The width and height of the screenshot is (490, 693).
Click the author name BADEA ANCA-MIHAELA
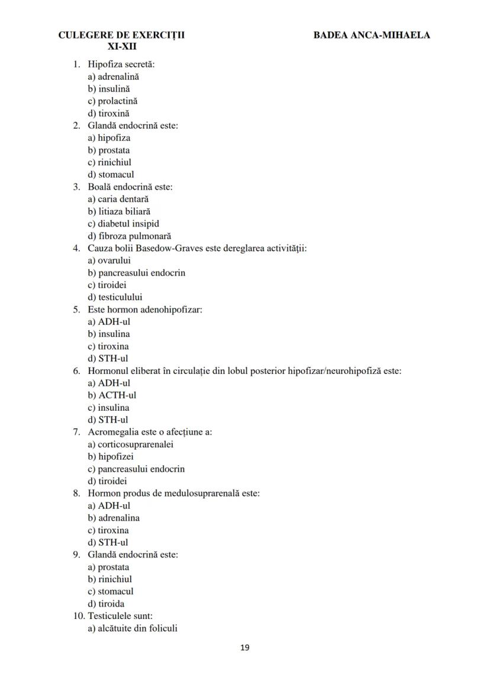click(x=372, y=35)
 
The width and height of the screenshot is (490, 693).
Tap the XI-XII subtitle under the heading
click(x=122, y=46)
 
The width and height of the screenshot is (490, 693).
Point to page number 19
click(x=245, y=647)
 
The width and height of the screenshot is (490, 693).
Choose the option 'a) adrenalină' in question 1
click(x=114, y=76)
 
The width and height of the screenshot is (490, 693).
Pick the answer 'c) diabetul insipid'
click(x=123, y=224)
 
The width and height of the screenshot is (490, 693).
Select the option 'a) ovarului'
click(x=109, y=260)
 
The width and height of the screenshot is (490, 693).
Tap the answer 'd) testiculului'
click(x=115, y=297)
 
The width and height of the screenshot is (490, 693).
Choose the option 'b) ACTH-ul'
click(x=112, y=395)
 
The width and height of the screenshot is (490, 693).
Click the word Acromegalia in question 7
click(x=111, y=432)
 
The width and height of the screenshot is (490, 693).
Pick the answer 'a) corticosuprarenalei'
click(x=131, y=444)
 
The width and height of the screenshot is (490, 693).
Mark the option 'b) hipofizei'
click(x=111, y=457)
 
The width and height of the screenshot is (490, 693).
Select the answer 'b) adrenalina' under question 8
click(x=114, y=518)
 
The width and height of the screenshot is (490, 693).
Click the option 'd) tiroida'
click(x=106, y=604)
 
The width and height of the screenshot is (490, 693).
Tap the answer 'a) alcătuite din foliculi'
click(x=133, y=628)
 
